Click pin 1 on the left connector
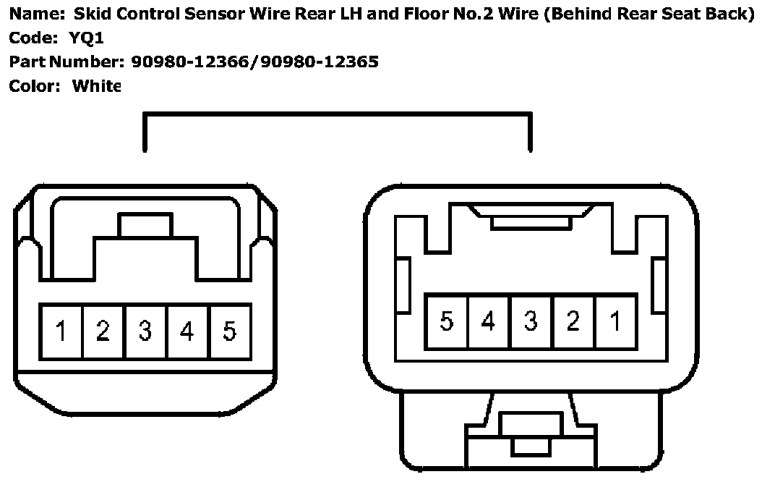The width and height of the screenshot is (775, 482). [x=61, y=331]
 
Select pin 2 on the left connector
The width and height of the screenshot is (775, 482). [x=103, y=331]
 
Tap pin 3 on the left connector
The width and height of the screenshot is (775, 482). [x=145, y=331]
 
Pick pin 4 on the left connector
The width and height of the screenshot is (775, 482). [x=187, y=331]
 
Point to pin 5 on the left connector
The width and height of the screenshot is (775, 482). [x=229, y=331]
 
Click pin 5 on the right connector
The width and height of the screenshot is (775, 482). [x=446, y=321]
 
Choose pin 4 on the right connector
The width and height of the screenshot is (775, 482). [x=488, y=321]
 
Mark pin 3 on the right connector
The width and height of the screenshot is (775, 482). [x=531, y=321]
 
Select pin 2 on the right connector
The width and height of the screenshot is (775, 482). [x=573, y=321]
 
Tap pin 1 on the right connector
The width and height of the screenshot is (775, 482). [x=615, y=321]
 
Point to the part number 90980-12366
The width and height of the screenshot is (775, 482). [x=192, y=62]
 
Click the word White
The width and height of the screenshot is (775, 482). [x=95, y=86]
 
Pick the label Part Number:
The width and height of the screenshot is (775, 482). [x=68, y=62]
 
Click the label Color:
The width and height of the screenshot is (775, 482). [x=34, y=86]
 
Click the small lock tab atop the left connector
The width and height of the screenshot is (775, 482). [x=146, y=225]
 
